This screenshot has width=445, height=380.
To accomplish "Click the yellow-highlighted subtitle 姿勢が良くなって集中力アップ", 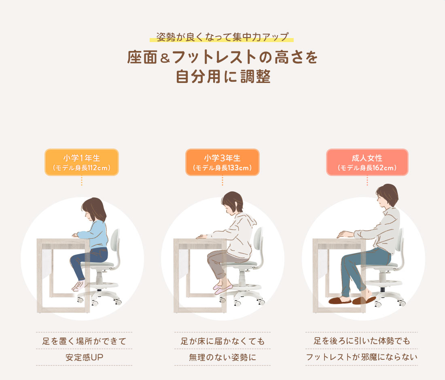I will [x=222, y=37].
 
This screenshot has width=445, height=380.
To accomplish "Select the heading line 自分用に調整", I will [x=222, y=76].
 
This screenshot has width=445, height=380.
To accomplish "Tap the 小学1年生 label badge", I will [x=81, y=162].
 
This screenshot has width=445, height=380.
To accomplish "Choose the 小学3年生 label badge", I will [x=222, y=162].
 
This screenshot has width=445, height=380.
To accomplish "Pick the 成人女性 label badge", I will [x=367, y=162].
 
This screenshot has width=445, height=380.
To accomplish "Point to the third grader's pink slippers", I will [x=223, y=288].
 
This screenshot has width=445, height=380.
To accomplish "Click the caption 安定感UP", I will [x=84, y=357].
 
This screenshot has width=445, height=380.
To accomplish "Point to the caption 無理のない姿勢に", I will [x=222, y=357].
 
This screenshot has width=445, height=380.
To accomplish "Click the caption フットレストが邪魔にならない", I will [x=361, y=357].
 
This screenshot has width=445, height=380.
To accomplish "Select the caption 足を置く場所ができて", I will [x=84, y=341].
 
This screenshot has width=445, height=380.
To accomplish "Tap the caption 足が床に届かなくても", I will [x=222, y=341].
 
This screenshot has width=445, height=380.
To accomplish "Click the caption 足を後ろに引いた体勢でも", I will [x=361, y=341].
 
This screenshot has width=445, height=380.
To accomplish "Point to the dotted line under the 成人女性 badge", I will [x=367, y=181].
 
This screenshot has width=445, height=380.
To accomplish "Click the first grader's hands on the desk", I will [x=75, y=235].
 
